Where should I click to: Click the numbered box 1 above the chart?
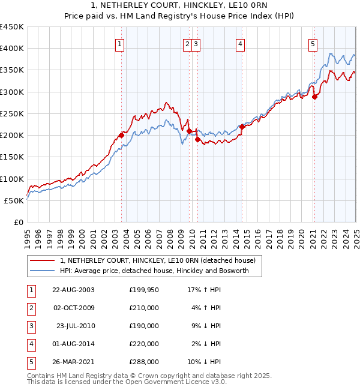click(120, 43)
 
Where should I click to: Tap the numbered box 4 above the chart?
click(239, 43)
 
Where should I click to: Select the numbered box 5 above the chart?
click(313, 43)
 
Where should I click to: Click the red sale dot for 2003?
click(121, 135)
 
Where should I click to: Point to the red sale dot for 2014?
click(242, 127)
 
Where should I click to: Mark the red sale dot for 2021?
click(314, 97)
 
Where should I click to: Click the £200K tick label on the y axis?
click(12, 135)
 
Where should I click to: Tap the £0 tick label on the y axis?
click(18, 222)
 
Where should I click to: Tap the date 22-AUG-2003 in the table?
click(73, 290)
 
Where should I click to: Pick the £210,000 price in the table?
click(144, 308)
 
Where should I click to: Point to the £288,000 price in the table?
click(144, 362)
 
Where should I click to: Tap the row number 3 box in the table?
click(31, 326)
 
